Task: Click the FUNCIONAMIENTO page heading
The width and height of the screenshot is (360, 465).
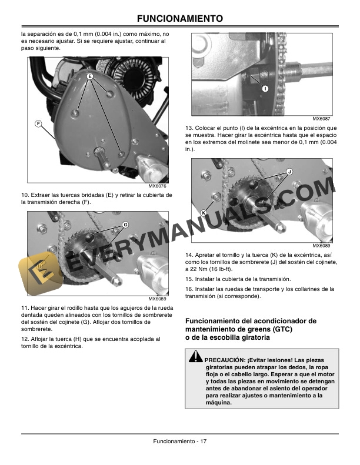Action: (x=179, y=19)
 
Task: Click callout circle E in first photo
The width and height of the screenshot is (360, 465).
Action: (x=91, y=77)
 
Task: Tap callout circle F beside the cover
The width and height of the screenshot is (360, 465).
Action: (x=38, y=123)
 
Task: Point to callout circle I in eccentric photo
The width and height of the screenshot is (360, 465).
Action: (x=265, y=89)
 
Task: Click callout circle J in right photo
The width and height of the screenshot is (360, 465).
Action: (x=289, y=172)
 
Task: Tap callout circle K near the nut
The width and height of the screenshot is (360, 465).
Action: (x=203, y=212)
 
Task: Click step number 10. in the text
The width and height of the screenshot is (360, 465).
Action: (x=24, y=195)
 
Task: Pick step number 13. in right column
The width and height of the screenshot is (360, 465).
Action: (x=189, y=128)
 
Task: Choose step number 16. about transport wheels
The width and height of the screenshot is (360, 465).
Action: (x=189, y=289)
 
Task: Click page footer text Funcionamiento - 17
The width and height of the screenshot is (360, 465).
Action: (x=179, y=441)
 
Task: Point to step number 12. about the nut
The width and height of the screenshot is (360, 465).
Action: (x=24, y=339)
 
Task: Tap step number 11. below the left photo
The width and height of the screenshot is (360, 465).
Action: (x=24, y=308)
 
